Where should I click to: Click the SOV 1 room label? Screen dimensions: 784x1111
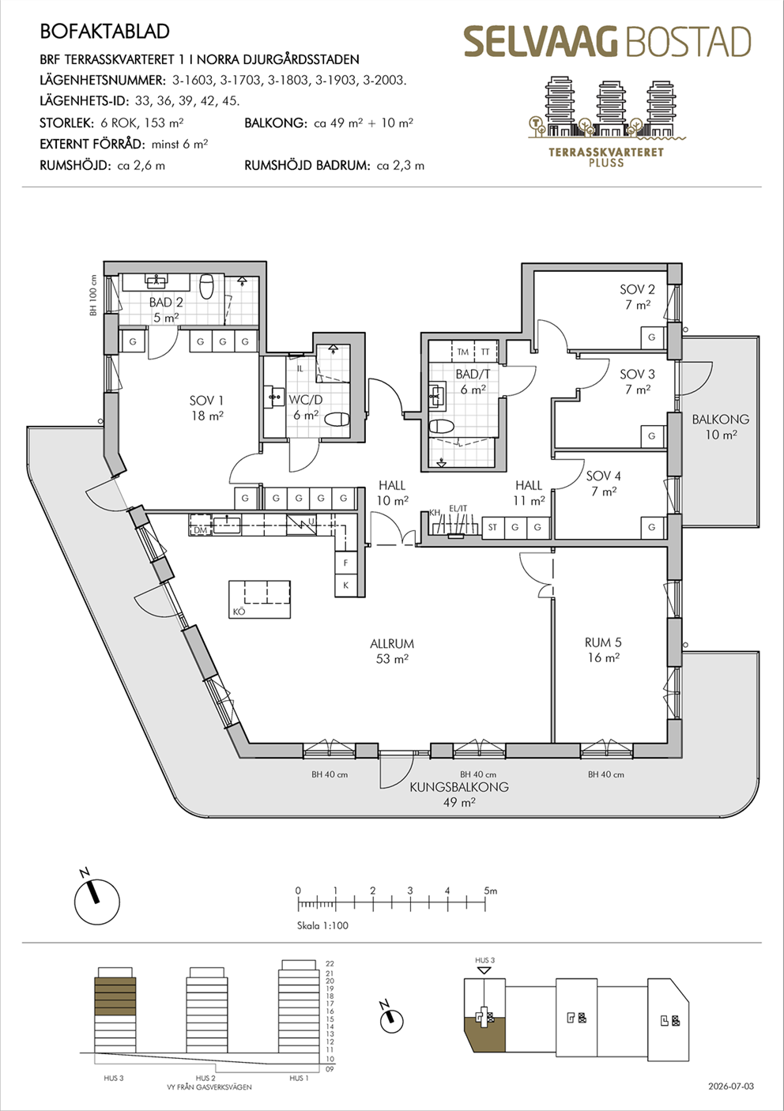pos(206,401)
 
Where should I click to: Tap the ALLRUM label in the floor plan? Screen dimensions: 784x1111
pos(391,644)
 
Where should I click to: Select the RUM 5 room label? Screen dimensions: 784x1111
pos(603,642)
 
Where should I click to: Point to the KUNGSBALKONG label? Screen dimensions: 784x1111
pos(459,786)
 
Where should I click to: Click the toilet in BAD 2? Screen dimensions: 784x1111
pos(206,287)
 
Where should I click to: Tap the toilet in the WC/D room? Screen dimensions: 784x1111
pos(337,420)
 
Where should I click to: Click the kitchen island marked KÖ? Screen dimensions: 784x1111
pos(259,600)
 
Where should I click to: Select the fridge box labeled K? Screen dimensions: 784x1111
pos(346,586)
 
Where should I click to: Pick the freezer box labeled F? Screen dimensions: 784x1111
pos(346,563)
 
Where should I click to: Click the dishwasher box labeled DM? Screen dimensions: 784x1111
pos(200,525)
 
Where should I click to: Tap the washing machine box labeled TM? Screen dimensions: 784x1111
pos(463,352)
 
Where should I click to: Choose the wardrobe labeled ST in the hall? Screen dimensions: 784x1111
pos(492,527)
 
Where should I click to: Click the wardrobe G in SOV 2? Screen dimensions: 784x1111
pos(651,337)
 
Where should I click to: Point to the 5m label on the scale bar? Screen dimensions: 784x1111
pos(490,891)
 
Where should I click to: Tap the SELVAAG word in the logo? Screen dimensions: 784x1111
pos(541,42)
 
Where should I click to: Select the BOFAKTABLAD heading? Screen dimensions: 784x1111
pos(104,32)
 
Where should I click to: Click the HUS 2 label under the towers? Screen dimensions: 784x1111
pos(205,1079)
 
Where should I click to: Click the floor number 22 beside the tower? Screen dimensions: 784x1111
pos(330,964)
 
